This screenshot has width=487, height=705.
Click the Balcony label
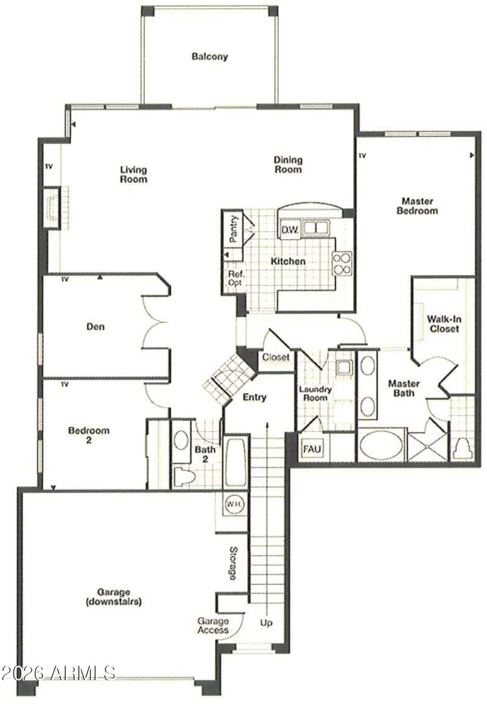tap(209, 57)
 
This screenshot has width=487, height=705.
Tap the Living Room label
tap(133, 175)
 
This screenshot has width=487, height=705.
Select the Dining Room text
tap(287, 165)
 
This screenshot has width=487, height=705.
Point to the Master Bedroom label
tap(417, 206)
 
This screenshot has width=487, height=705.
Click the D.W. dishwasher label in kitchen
tap(289, 230)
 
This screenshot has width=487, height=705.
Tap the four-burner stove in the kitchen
tap(342, 262)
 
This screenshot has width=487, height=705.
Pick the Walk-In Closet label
tap(443, 324)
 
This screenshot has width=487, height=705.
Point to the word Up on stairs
tap(266, 624)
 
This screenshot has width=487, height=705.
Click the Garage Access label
tap(212, 625)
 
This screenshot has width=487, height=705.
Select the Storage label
tap(233, 563)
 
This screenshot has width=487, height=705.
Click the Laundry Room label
tap(315, 393)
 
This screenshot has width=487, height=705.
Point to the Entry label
tap(254, 398)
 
